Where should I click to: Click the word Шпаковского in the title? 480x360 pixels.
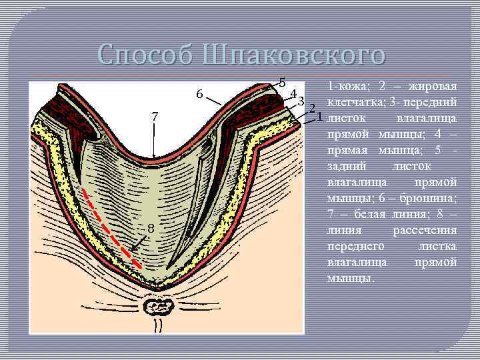(x=294, y=53)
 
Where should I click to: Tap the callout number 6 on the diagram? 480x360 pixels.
(x=199, y=94)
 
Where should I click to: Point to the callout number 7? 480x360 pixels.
(x=155, y=116)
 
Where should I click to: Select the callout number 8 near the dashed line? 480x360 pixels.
(x=151, y=229)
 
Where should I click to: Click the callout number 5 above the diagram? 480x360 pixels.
(x=283, y=83)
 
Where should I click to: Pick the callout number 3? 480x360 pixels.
(x=301, y=102)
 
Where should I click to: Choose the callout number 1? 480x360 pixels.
(x=319, y=117)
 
